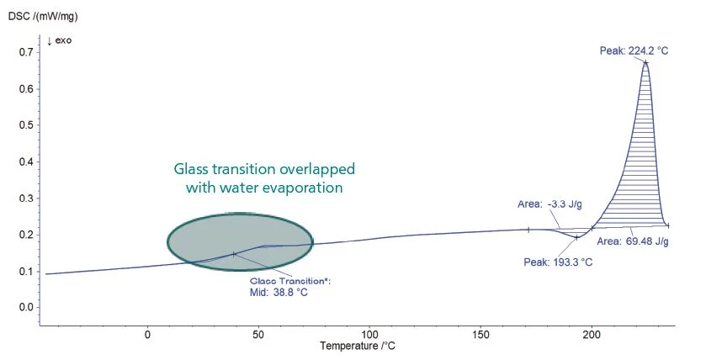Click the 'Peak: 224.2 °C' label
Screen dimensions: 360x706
(634, 50)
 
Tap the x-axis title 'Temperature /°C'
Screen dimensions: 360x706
(358, 346)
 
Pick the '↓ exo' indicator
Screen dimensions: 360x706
(60, 41)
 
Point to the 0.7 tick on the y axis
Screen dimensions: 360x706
(26, 52)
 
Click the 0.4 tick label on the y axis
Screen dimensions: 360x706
(26, 161)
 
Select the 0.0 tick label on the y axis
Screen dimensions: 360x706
(26, 307)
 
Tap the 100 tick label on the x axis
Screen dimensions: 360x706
(369, 334)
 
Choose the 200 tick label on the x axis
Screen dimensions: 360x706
(592, 334)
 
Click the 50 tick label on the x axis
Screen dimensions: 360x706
(258, 334)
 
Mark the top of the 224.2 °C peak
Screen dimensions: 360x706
(645, 62)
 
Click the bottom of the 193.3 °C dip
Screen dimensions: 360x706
(576, 237)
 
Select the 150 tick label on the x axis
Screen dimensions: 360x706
(480, 334)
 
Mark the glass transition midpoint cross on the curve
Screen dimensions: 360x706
(234, 253)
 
